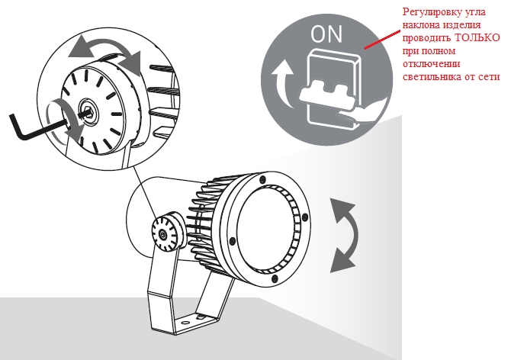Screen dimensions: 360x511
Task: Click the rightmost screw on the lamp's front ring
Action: click(305, 218)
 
